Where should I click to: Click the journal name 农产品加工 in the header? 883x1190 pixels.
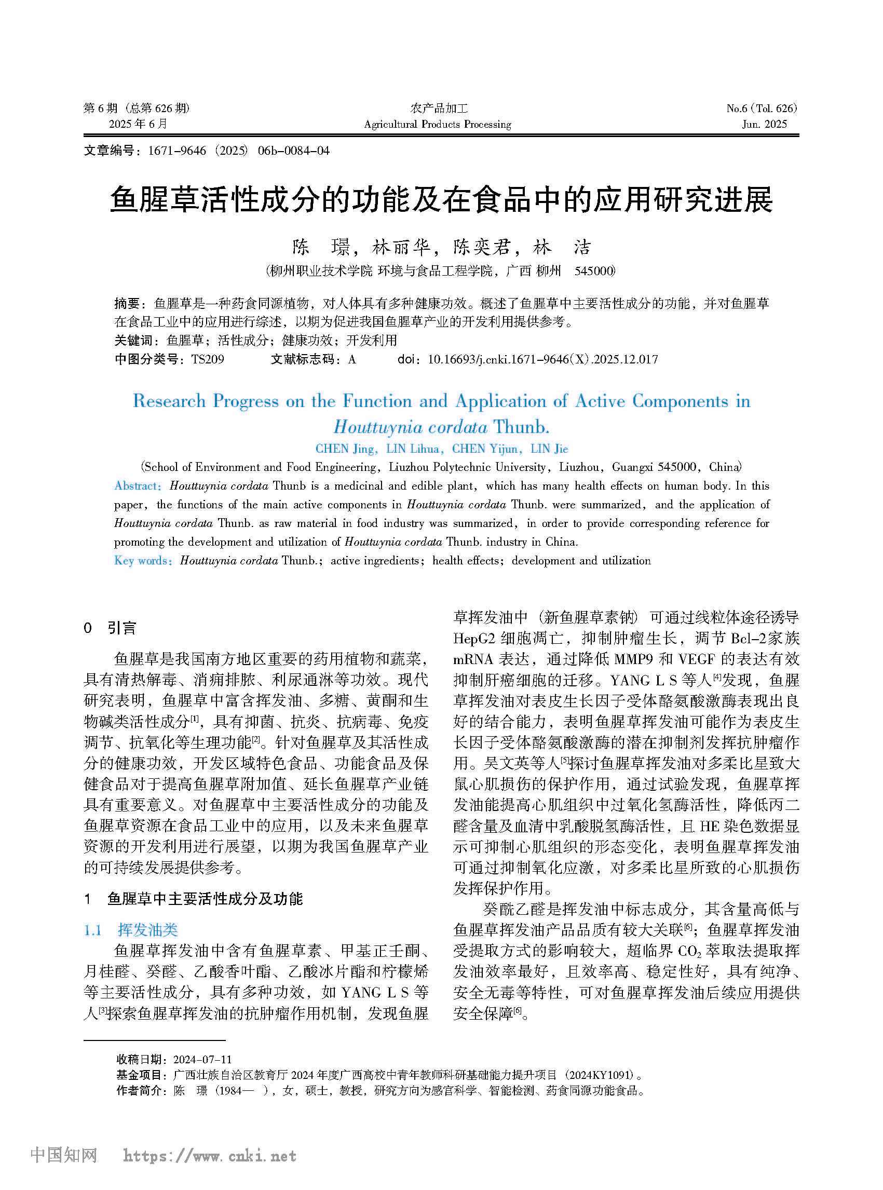[439, 108]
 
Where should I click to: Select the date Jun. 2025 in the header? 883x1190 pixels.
[764, 124]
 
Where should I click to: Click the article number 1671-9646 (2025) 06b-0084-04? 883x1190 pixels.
[238, 151]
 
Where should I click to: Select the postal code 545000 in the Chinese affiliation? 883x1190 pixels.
[594, 271]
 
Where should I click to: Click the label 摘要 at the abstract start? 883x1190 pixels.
[127, 304]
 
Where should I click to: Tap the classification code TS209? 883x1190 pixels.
[208, 359]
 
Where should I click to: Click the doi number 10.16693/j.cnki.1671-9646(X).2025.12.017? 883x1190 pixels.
[542, 359]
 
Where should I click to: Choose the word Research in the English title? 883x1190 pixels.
[169, 401]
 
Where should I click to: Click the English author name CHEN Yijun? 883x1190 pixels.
[485, 449]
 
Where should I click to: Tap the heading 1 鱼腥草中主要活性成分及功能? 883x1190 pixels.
[194, 899]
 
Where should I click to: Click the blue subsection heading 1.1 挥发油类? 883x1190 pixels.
[131, 930]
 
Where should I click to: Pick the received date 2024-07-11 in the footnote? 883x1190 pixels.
[202, 1059]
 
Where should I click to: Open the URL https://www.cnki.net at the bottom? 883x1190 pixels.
[210, 1156]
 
